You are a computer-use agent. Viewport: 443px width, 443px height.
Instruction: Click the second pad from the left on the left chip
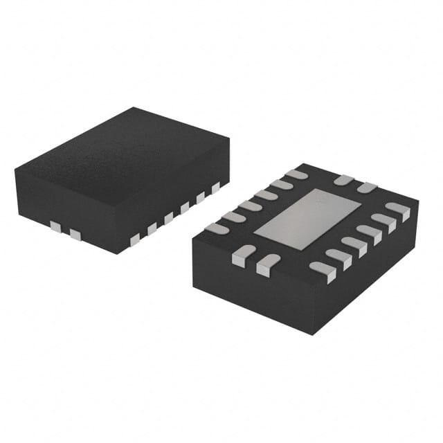point(75,235)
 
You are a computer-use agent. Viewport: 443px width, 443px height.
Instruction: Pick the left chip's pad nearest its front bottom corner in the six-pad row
point(135,239)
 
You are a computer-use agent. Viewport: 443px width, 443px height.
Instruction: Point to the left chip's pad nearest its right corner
point(215,187)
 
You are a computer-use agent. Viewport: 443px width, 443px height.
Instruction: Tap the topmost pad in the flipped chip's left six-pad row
point(298,174)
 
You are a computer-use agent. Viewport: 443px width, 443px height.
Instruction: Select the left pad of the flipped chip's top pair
point(343,180)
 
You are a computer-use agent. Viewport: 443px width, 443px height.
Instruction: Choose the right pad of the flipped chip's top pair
point(367,188)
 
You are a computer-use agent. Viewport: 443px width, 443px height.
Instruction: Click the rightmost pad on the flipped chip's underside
point(399,210)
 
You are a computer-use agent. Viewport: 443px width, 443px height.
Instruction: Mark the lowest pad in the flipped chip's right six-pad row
point(323,270)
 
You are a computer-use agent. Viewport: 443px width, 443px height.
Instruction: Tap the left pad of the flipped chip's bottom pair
point(243,255)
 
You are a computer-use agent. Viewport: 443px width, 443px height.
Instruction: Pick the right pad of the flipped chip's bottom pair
point(266,264)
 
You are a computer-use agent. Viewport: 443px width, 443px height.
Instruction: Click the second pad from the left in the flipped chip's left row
point(233,217)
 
